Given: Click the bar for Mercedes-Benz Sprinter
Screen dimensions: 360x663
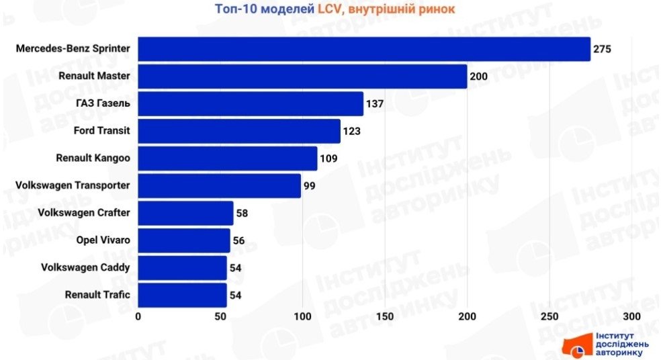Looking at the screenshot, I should coord(364,49).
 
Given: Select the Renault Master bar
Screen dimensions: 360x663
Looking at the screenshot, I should coord(302,77).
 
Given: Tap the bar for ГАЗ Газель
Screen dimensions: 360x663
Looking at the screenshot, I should coord(251,104).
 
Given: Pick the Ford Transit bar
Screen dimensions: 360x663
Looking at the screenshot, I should coord(239,131).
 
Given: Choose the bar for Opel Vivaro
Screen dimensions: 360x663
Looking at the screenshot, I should coord(184,240).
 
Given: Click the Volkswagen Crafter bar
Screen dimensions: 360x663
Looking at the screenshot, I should coord(185,213).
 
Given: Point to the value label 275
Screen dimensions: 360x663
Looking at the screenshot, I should coord(602,49).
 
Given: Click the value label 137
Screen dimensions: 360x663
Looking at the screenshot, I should coord(375,104).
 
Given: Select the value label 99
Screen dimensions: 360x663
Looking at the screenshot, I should coord(310,186).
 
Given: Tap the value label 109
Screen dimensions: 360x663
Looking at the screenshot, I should coord(328,159).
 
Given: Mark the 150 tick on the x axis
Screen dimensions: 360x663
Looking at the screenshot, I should coord(386,316).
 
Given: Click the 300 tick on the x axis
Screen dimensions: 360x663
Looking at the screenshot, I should coord(632,316).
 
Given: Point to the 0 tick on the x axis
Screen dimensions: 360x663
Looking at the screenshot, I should coord(138,316).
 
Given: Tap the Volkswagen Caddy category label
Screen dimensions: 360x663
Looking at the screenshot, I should coord(87,267).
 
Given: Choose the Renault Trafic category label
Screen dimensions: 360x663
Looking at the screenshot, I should coord(97,295).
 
